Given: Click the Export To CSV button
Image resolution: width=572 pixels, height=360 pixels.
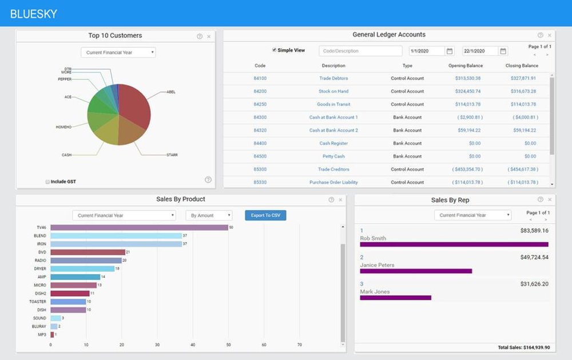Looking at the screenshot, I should [x=265, y=216].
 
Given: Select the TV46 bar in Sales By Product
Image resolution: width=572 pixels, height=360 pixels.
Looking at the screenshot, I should [x=139, y=227].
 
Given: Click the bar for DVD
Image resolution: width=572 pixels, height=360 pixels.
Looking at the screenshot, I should [x=88, y=252].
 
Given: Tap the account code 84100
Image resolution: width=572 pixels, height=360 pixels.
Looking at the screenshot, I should [x=260, y=78].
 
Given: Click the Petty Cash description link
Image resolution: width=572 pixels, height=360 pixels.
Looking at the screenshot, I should [x=333, y=156].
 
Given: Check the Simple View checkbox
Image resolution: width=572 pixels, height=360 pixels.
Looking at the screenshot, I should [x=274, y=50].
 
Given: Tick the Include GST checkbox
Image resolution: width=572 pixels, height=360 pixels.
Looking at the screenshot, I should [x=47, y=182].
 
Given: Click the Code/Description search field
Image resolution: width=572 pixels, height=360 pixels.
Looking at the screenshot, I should [x=360, y=51].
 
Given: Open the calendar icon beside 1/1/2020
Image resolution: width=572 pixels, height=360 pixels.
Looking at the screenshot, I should [x=450, y=51].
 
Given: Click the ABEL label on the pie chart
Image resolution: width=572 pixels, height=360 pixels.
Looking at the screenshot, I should [x=171, y=92].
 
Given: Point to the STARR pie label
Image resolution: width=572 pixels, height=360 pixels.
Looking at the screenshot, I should [x=172, y=155].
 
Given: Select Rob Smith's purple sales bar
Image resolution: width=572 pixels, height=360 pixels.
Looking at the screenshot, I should [x=454, y=244].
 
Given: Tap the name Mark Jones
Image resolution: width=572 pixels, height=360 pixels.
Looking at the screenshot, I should [x=375, y=292].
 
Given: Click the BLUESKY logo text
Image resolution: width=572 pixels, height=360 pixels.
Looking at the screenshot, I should [x=34, y=14].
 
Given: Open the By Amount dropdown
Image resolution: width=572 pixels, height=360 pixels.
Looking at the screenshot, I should [x=209, y=216].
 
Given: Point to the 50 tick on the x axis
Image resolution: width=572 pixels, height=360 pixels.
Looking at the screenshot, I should [x=228, y=345].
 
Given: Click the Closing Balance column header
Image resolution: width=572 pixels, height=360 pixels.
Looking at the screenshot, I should [x=522, y=66].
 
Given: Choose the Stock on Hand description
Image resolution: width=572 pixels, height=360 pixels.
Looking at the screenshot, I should [x=333, y=92].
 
